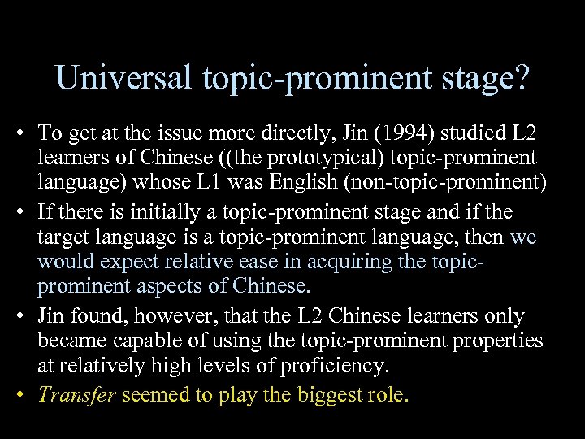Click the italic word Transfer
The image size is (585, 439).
coord(77,395)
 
